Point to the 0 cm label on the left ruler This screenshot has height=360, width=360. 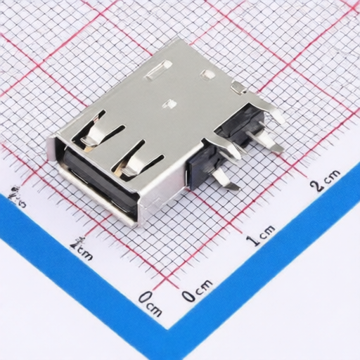pyautogui.click(x=150, y=303)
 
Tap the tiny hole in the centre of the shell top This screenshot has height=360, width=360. pyautogui.click(x=169, y=104)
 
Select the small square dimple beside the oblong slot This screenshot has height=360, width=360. pyautogui.click(x=207, y=73)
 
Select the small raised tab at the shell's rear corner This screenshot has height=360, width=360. pyautogui.click(x=238, y=87)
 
